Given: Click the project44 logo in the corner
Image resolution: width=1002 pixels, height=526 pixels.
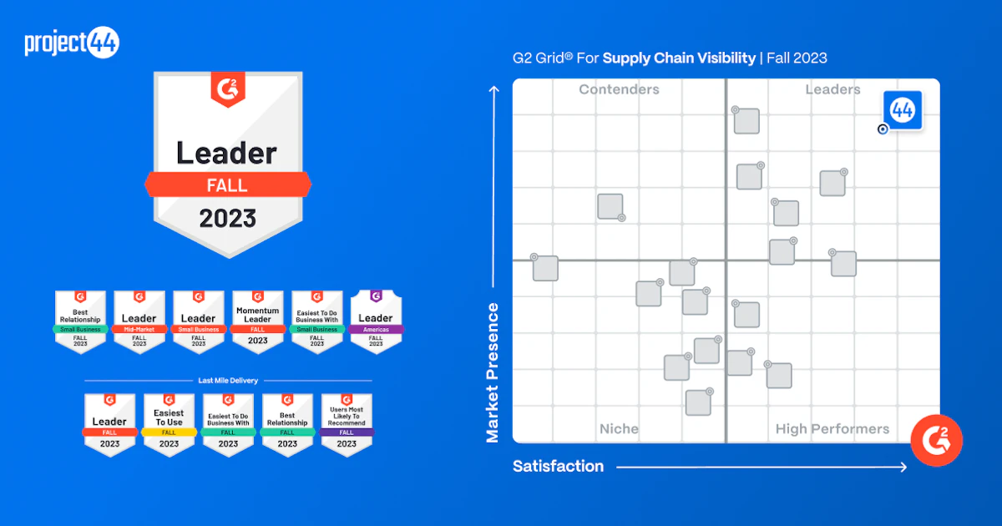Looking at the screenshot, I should click(x=72, y=43).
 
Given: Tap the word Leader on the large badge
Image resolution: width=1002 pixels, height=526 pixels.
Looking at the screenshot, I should click(x=226, y=153).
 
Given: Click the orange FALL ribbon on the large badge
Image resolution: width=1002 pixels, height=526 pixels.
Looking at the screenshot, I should click(x=227, y=185).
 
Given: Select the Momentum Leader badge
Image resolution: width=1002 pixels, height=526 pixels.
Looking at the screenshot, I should click(x=257, y=321).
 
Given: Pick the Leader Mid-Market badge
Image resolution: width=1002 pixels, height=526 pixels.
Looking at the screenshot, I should click(x=139, y=321).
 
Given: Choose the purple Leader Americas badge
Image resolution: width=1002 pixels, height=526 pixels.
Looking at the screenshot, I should click(x=376, y=321).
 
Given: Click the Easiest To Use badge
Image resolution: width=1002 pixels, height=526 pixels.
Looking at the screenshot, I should click(x=169, y=424).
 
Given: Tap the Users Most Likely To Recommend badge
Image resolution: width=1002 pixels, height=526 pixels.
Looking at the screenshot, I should click(x=347, y=424).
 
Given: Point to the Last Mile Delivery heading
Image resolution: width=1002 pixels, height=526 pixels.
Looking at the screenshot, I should click(x=228, y=381).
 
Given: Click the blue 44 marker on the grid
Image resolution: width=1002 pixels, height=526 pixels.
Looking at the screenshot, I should click(x=903, y=110).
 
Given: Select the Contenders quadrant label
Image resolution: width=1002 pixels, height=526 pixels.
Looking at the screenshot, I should click(x=619, y=90).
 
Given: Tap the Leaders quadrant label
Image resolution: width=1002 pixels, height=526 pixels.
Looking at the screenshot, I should click(x=832, y=90).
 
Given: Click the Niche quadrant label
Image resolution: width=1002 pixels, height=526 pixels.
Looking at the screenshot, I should click(x=619, y=429).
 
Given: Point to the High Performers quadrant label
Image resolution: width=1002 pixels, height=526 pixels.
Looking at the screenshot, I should click(x=832, y=429).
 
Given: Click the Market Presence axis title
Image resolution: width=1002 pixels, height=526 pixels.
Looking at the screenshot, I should click(x=493, y=372).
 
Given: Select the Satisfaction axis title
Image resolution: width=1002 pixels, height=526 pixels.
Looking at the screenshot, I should click(x=558, y=466).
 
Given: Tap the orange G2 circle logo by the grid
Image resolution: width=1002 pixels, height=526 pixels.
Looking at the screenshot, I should click(x=936, y=440).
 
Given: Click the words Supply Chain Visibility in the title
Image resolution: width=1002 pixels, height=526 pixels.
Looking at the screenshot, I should click(x=679, y=58).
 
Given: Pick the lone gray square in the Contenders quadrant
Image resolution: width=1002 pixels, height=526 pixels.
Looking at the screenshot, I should click(x=610, y=206).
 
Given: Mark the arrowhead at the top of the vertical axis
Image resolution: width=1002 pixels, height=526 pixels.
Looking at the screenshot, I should click(x=494, y=87).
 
